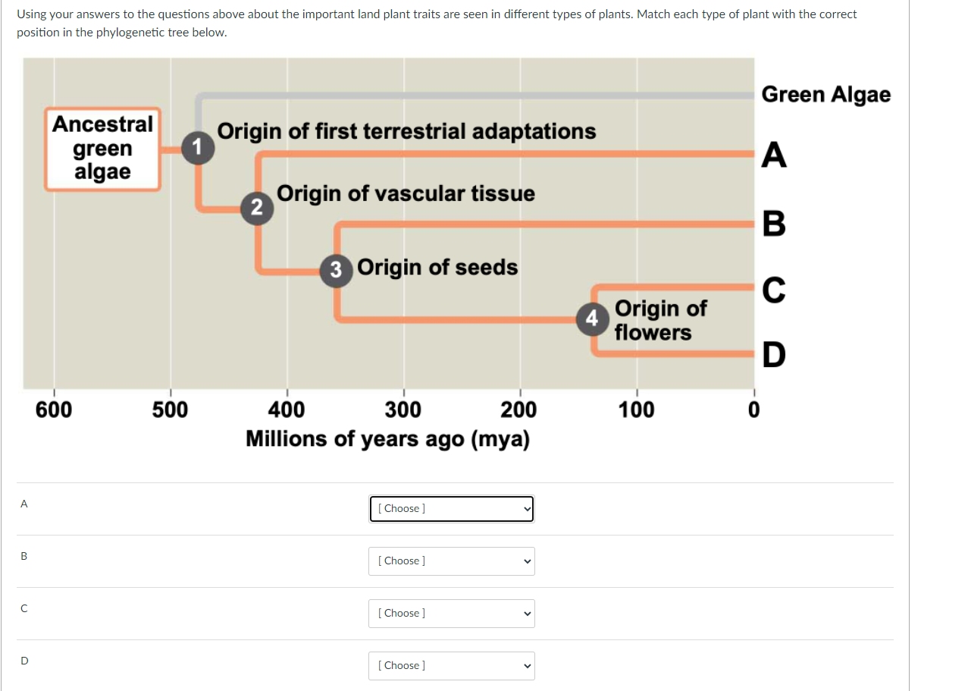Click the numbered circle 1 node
tap(199, 146)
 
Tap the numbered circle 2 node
tap(257, 207)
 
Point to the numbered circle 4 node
tap(593, 317)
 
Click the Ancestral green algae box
tap(102, 148)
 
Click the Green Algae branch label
tap(826, 95)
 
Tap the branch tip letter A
tap(774, 155)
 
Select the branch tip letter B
tap(774, 223)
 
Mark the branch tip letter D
tap(774, 354)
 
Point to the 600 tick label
tap(54, 410)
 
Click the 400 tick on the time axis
tap(287, 410)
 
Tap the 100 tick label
tap(637, 410)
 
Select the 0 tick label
tap(753, 410)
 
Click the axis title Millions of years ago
tap(387, 439)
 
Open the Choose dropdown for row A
tap(452, 509)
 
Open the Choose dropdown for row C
tap(452, 614)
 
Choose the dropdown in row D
tap(452, 666)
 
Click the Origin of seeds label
tap(437, 268)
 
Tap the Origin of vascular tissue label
tap(406, 194)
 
